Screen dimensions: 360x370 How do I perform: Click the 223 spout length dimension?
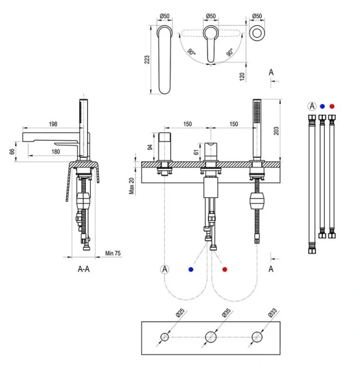147,59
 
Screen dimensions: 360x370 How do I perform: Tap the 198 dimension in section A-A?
53,124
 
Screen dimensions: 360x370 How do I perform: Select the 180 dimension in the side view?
56,152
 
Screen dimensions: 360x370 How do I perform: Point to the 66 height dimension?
12,151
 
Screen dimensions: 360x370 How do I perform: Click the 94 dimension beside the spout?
150,147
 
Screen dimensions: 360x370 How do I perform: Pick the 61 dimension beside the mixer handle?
196,152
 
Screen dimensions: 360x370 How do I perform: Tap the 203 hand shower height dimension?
276,131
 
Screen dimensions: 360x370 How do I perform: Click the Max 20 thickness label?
132,186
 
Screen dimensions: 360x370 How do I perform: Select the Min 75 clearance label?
113,253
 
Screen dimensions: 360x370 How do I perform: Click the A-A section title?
83,269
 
